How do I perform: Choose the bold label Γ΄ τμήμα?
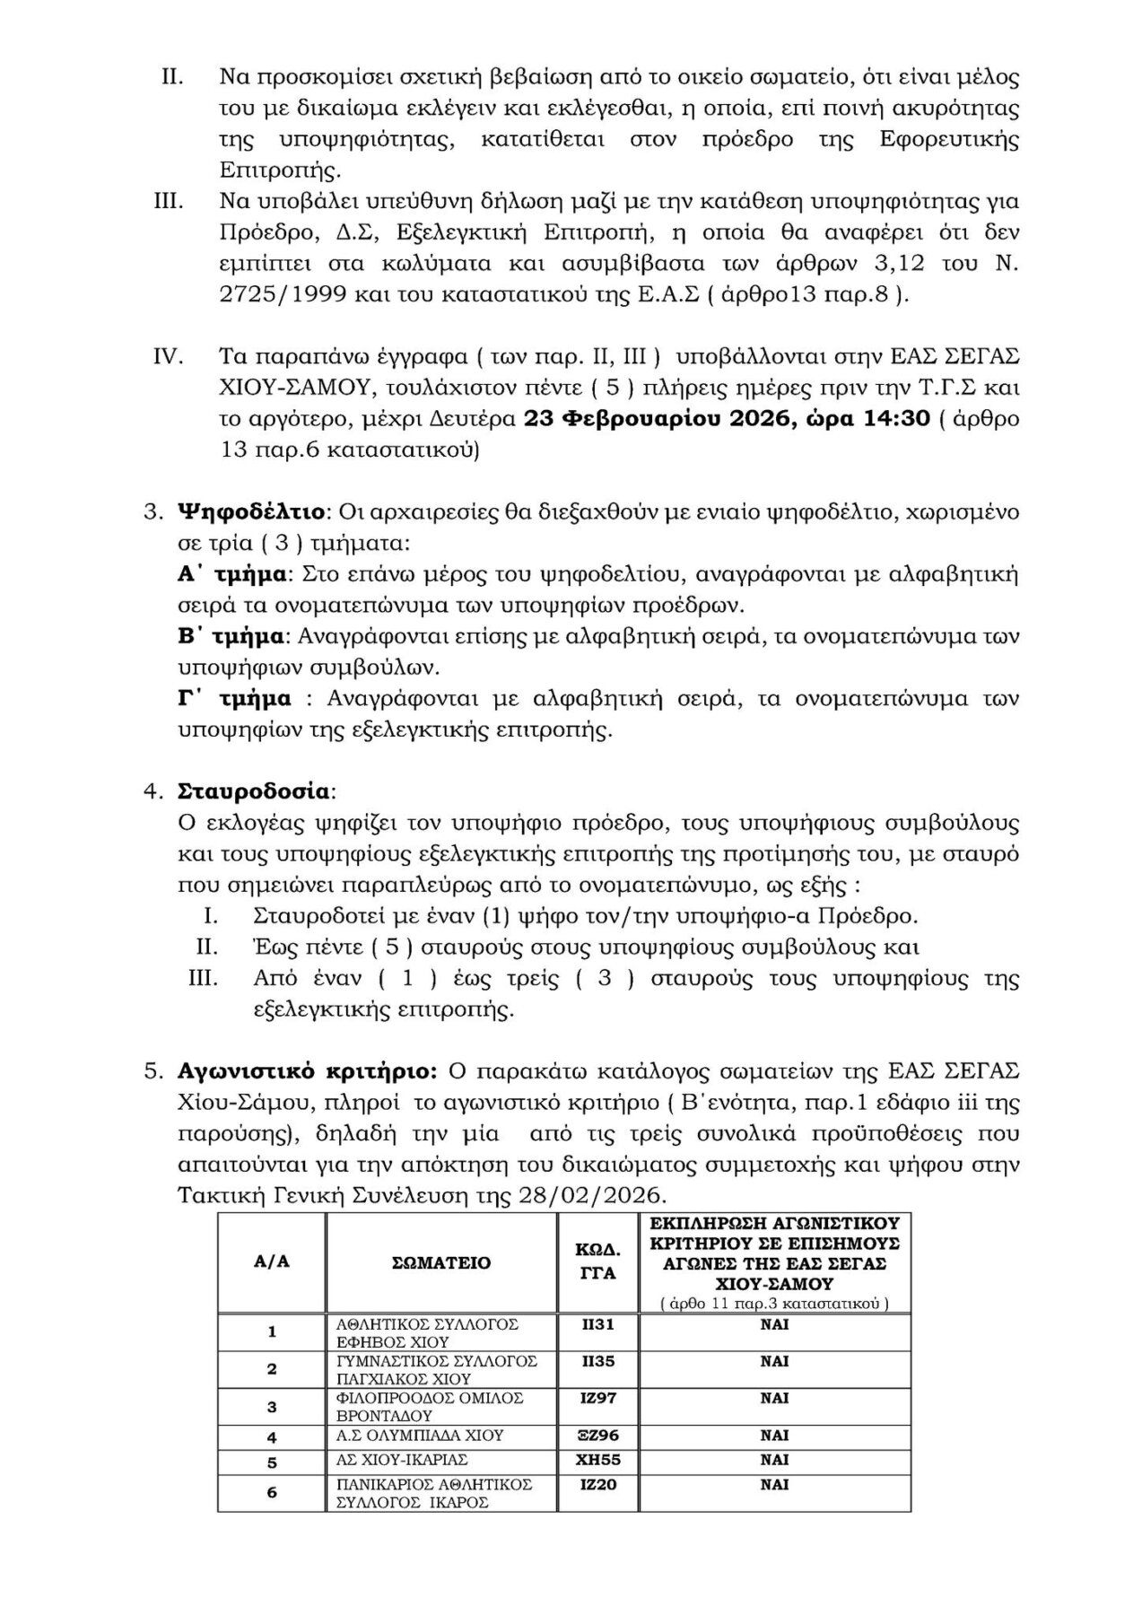pos(233,698)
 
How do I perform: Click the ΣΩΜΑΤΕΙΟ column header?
pos(441,1262)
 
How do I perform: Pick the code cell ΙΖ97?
pos(598,1398)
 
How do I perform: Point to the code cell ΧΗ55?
pos(598,1460)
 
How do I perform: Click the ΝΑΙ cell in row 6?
pos(774,1485)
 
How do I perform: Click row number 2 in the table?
pos(272,1369)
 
